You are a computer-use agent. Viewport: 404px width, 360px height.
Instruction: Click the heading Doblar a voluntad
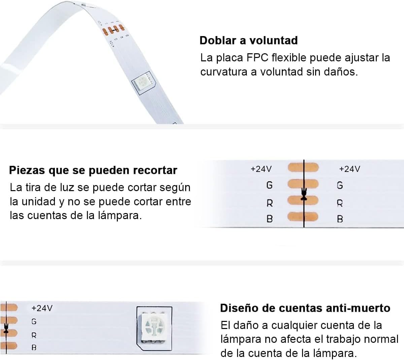pos(248,40)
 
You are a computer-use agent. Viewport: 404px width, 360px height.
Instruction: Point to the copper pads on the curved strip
pos(113,30)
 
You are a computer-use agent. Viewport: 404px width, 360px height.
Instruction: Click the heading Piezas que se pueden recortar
pos(93,170)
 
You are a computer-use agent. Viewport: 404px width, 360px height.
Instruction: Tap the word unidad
pos(39,202)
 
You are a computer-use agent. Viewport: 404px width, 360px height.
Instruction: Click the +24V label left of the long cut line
pos(261,169)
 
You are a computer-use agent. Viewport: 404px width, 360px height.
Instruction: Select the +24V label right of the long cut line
pos(349,169)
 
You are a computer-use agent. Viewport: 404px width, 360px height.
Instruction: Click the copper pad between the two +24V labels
pos(303,167)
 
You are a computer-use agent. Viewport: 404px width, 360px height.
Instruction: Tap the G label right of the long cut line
pos(340,185)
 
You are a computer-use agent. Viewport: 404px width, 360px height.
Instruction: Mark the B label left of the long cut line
pos(270,219)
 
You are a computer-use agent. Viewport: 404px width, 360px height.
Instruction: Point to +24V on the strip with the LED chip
pos(42,308)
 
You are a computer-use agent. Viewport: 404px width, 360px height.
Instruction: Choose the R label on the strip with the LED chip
pos(34,335)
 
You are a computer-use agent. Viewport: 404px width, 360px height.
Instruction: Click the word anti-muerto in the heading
pos(358,308)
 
